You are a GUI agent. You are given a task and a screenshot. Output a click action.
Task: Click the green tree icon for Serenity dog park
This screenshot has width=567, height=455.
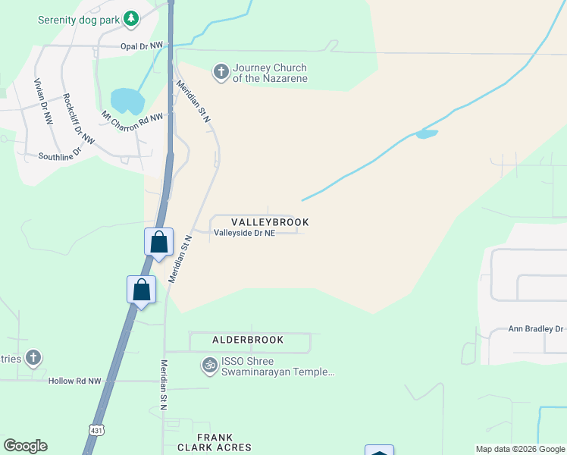click(131, 18)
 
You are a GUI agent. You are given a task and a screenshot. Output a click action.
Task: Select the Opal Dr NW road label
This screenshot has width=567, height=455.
click(142, 46)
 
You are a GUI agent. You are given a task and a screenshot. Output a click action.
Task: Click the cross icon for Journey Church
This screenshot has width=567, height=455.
click(221, 72)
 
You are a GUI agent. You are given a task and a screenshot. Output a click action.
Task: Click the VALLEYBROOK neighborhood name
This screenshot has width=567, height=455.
click(265, 222)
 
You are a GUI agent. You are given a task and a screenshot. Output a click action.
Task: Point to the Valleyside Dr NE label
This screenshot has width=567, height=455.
click(244, 233)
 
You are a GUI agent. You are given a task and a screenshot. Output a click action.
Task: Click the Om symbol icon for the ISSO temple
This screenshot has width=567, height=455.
click(209, 366)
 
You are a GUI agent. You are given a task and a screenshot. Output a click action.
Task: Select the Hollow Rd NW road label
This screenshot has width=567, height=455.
click(74, 381)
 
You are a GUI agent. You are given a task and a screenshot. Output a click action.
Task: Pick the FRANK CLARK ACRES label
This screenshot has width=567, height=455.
click(224, 443)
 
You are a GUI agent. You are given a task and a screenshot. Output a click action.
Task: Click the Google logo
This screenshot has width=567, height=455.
click(25, 446)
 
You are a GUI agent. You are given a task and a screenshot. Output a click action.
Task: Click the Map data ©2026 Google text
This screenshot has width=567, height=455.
click(519, 449)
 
